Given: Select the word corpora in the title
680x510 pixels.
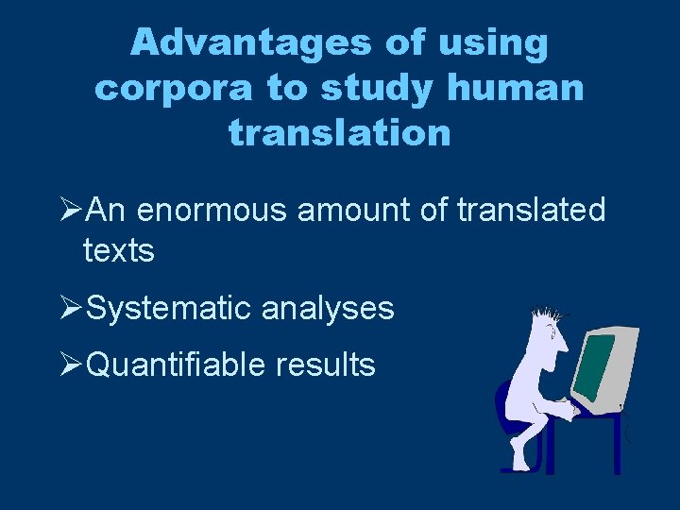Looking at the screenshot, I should point(173,88).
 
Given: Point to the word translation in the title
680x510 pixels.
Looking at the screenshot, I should point(340,133).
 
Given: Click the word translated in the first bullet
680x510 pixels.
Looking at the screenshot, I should point(531,210).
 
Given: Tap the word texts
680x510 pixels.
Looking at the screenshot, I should point(118,251).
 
